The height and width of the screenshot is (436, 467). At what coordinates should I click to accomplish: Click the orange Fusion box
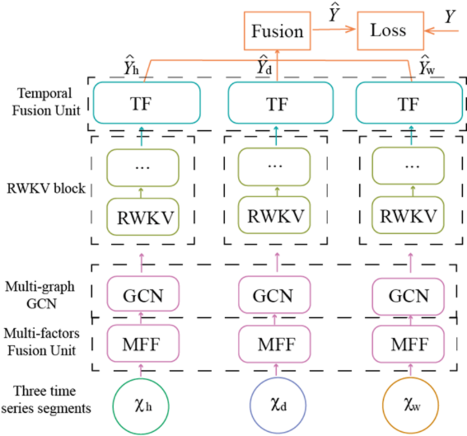tap(277, 31)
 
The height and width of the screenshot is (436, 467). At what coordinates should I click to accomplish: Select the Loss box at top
tap(387, 31)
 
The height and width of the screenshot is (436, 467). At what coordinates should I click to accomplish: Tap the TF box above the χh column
tap(145, 104)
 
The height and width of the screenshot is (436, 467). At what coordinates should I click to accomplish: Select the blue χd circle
tap(277, 404)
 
